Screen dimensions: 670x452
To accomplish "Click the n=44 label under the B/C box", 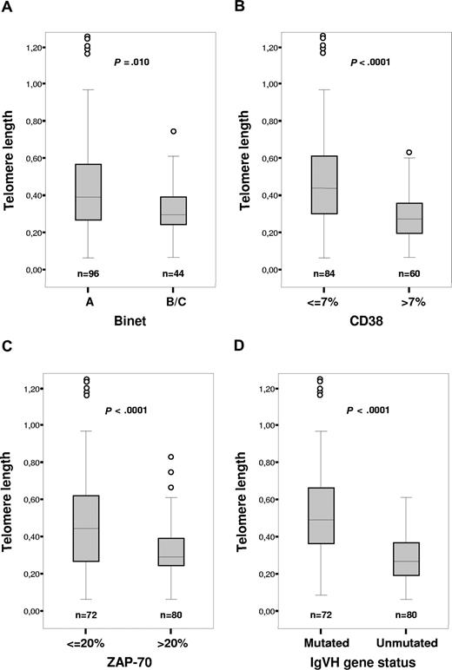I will [x=164, y=275].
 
